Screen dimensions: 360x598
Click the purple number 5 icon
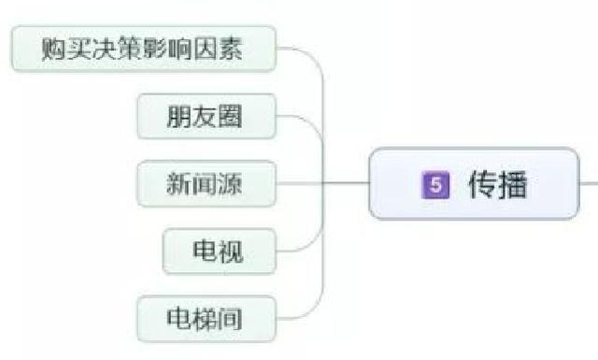(x=433, y=183)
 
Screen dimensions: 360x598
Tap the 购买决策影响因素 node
(x=143, y=49)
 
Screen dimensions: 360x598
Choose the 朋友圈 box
(x=206, y=117)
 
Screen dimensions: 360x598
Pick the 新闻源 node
(x=206, y=183)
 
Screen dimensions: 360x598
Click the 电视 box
(x=219, y=251)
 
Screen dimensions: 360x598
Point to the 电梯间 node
(x=206, y=318)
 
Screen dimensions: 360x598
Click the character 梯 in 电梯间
(x=206, y=318)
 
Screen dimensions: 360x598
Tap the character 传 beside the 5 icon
(x=482, y=183)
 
